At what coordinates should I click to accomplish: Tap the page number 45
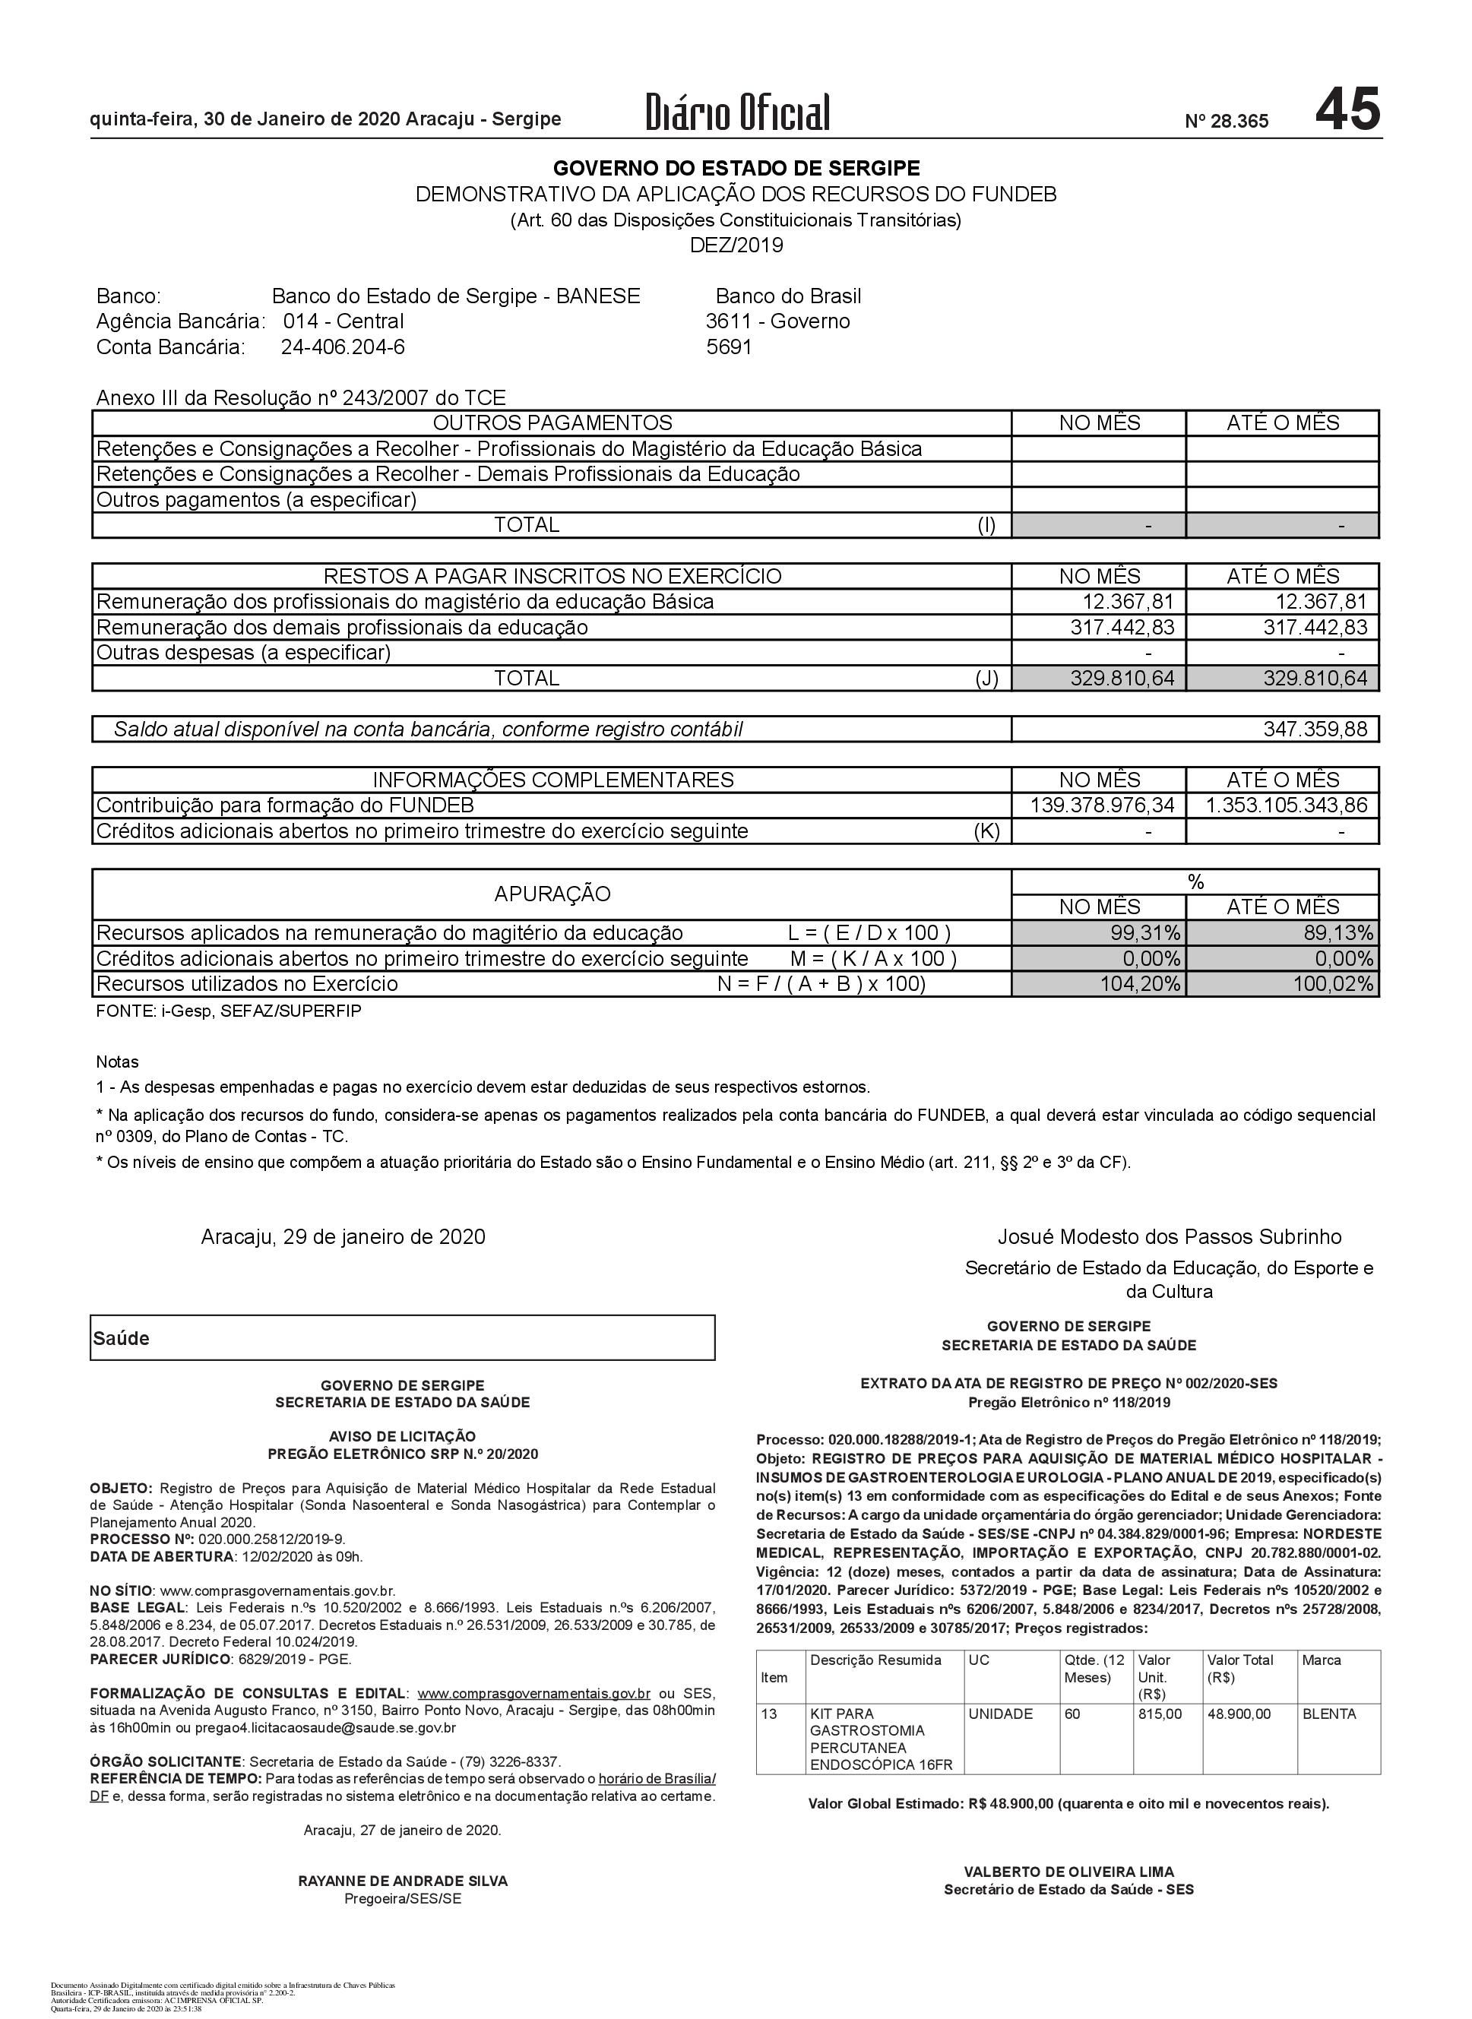[x=1347, y=109]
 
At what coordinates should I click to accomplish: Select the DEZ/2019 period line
[x=736, y=245]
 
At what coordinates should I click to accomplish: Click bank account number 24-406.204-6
[x=343, y=347]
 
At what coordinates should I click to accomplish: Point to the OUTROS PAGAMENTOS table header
[x=552, y=423]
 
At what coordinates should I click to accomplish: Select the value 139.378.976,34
[x=1102, y=805]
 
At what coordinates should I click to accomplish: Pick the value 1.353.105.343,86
[x=1286, y=805]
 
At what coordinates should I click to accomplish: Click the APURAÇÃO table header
[x=552, y=894]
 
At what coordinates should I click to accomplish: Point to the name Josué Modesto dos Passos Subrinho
[x=1169, y=1237]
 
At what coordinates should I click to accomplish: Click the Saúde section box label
[x=121, y=1338]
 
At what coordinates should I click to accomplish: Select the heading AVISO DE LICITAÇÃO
[x=402, y=1436]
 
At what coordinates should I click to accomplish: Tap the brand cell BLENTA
[x=1328, y=1714]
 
